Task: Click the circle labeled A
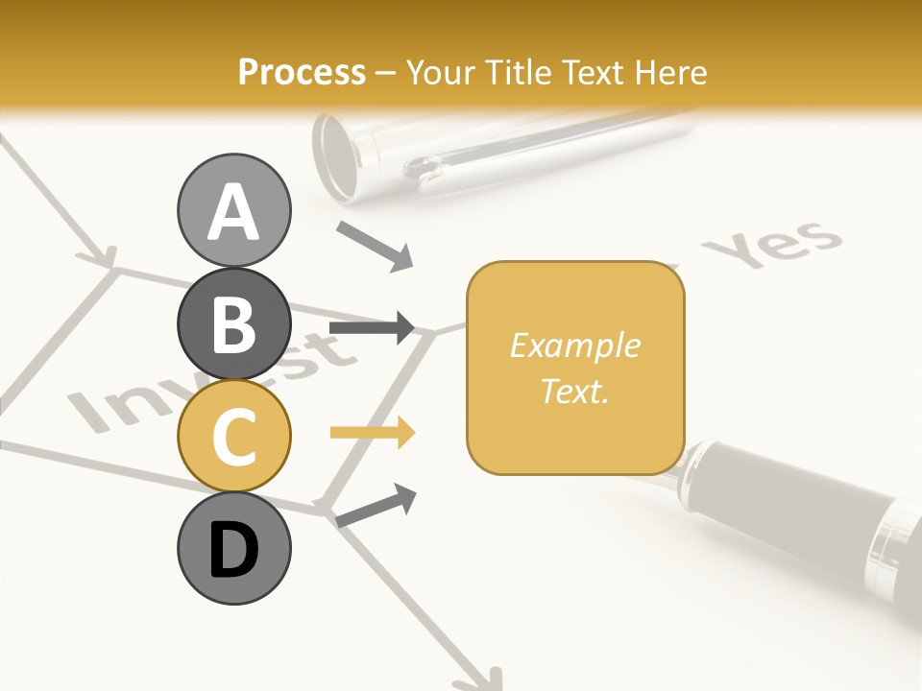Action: (233, 210)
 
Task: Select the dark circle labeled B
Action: (233, 323)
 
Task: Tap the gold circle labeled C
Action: (233, 436)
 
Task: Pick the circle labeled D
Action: (233, 549)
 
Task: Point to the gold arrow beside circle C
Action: (372, 433)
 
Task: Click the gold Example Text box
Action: (575, 368)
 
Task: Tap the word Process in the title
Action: (302, 72)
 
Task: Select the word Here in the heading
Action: (671, 72)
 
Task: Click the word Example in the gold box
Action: (574, 345)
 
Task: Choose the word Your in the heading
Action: (441, 72)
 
